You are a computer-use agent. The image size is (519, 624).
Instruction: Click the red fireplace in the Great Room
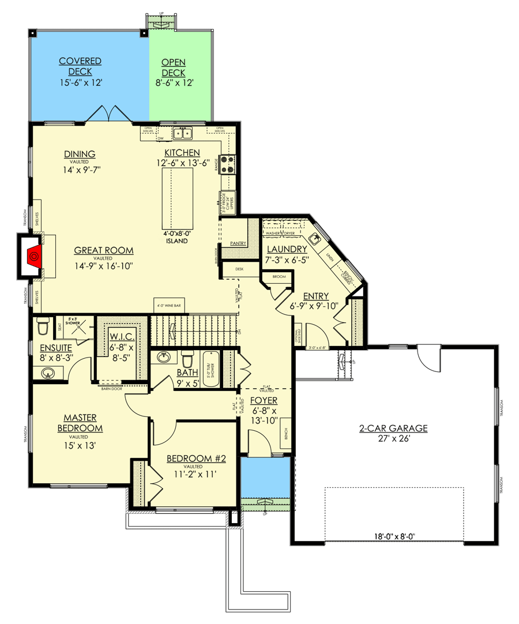[36, 254]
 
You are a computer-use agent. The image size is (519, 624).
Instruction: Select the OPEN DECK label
[173, 67]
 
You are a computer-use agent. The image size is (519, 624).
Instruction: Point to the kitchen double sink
[183, 133]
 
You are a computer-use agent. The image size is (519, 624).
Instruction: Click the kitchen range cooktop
[227, 164]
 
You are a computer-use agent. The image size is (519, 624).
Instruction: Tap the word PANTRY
[238, 244]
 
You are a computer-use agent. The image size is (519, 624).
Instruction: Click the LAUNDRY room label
[287, 249]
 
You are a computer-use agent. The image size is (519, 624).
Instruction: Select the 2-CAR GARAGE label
[394, 428]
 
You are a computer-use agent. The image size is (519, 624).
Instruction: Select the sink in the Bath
[164, 357]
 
